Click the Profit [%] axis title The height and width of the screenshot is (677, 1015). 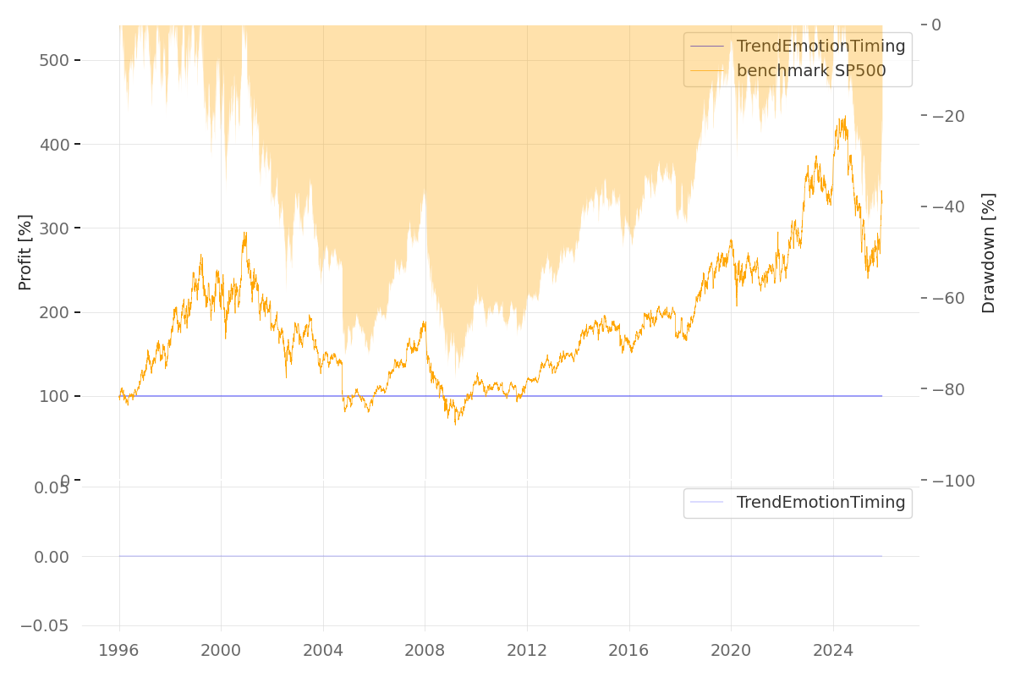(x=25, y=251)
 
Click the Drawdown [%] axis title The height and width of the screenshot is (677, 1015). (x=988, y=252)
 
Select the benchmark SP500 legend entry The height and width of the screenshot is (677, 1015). (x=810, y=71)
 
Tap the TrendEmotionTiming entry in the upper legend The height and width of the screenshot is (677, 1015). (x=820, y=47)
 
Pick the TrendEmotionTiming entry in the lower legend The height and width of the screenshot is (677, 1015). (x=820, y=503)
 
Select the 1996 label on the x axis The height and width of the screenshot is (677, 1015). (x=119, y=650)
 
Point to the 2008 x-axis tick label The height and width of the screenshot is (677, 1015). (x=425, y=650)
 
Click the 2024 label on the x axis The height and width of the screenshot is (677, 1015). (x=832, y=650)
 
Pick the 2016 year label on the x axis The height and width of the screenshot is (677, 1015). (x=628, y=650)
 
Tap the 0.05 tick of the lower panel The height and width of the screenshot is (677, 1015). (x=52, y=487)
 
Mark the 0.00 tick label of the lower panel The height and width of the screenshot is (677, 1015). (x=52, y=557)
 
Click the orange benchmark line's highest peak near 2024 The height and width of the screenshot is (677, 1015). (x=844, y=117)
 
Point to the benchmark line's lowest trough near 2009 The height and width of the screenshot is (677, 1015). (x=455, y=424)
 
